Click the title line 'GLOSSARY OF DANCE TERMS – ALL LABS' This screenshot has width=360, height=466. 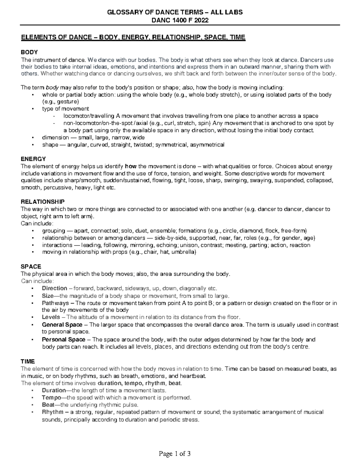pyautogui.click(x=180, y=12)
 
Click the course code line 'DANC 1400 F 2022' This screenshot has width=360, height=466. pyautogui.click(x=180, y=20)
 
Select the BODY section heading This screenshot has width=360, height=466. pyautogui.click(x=29, y=53)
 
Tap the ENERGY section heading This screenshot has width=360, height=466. pyautogui.click(x=33, y=159)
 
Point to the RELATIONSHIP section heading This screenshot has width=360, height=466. pyautogui.click(x=42, y=202)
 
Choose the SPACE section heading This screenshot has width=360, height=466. pyautogui.click(x=31, y=266)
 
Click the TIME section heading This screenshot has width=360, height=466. pyautogui.click(x=28, y=362)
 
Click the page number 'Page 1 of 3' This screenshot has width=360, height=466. pyautogui.click(x=175, y=454)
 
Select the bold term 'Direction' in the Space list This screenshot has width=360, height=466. pyautogui.click(x=55, y=288)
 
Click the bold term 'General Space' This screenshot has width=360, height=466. pyautogui.click(x=62, y=325)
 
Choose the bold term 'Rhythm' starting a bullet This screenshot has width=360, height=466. pyautogui.click(x=53, y=412)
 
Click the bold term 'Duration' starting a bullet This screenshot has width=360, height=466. pyautogui.click(x=54, y=390)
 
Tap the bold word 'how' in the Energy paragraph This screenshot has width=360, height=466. pyautogui.click(x=130, y=166)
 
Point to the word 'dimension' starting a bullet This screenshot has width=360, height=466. pyautogui.click(x=55, y=138)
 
